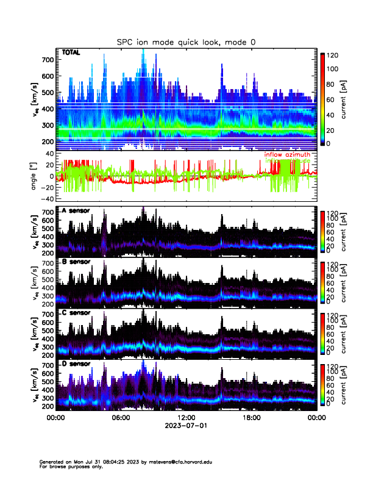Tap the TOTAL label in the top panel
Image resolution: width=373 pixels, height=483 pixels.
click(x=71, y=53)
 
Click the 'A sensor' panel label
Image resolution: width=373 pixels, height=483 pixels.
click(x=76, y=211)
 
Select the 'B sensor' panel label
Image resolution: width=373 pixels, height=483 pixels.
click(x=76, y=262)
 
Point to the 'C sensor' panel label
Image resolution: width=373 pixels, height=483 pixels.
click(x=76, y=313)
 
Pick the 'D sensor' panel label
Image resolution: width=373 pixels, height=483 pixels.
click(x=76, y=363)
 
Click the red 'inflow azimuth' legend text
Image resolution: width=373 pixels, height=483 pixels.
click(x=287, y=155)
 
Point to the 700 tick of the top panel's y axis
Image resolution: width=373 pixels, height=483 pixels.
click(x=48, y=60)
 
